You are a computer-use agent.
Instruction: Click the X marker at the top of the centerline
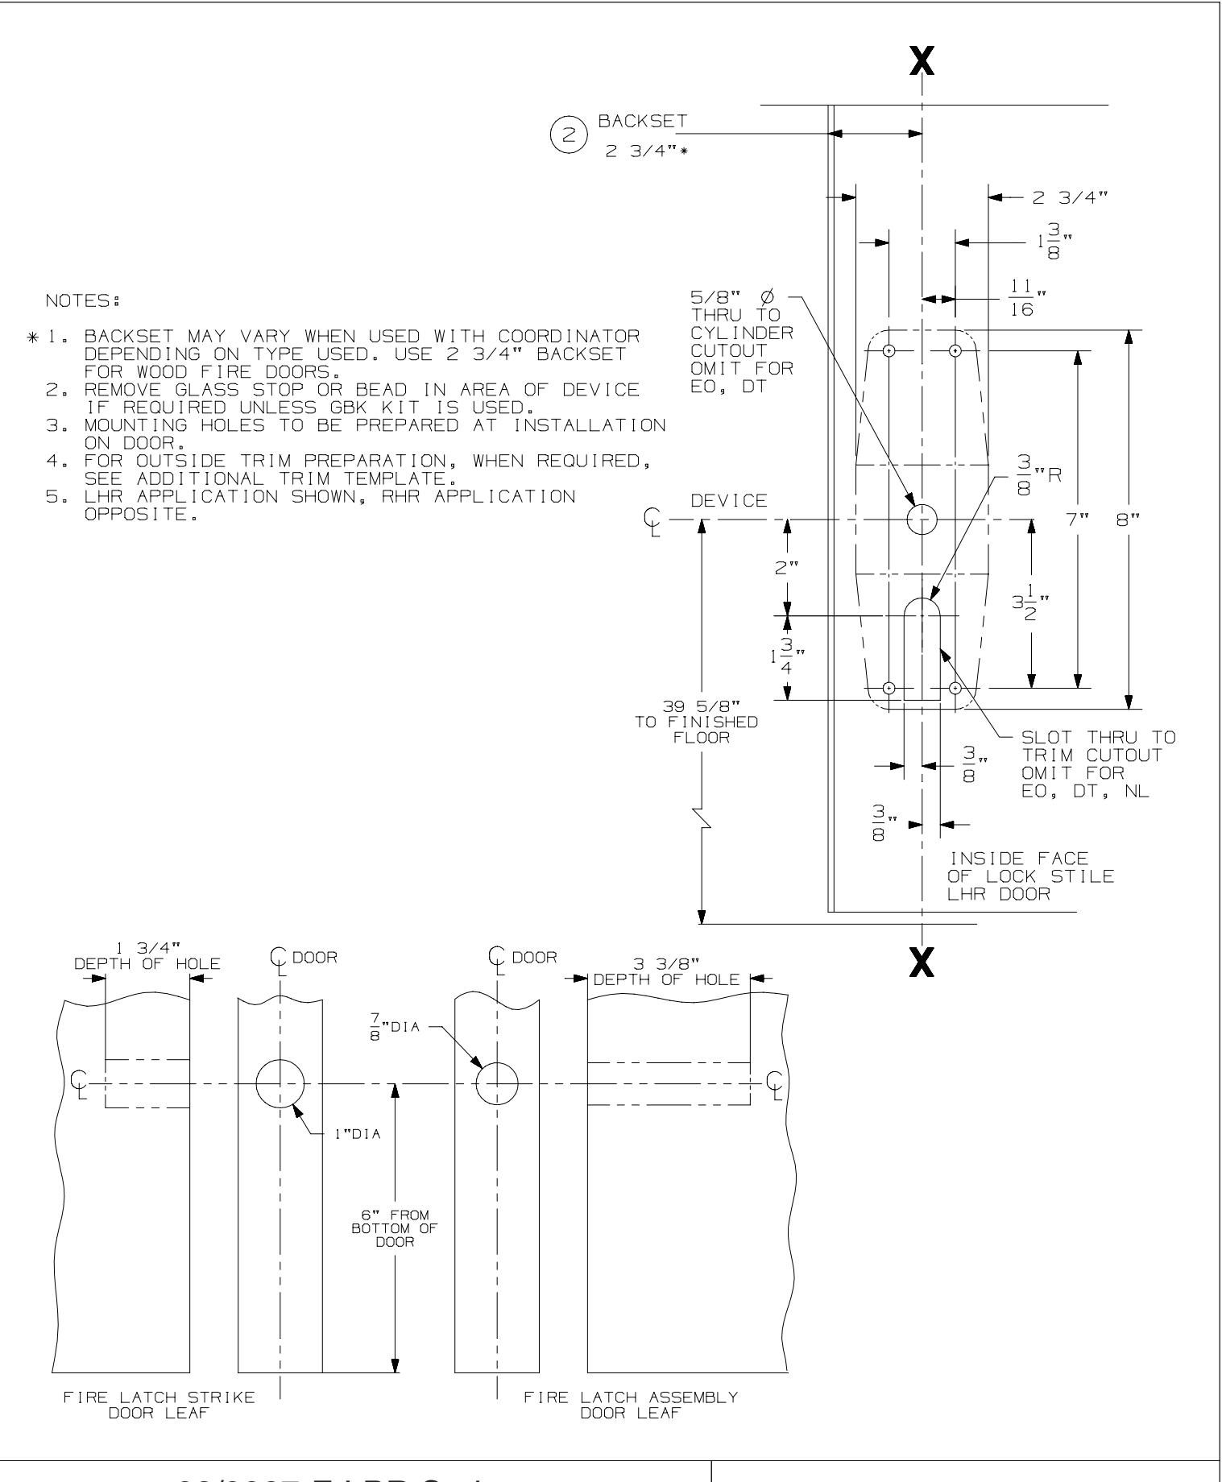pos(922,61)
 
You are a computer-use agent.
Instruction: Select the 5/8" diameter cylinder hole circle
pos(922,520)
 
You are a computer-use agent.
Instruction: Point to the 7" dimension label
pos(1077,520)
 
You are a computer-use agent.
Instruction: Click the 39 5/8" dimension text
pos(696,708)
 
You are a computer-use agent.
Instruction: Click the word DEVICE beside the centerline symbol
pos(729,502)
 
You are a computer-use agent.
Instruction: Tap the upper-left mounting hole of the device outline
pos(889,351)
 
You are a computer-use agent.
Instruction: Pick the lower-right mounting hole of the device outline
pos(955,688)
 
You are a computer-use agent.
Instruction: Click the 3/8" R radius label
pos(1039,474)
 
